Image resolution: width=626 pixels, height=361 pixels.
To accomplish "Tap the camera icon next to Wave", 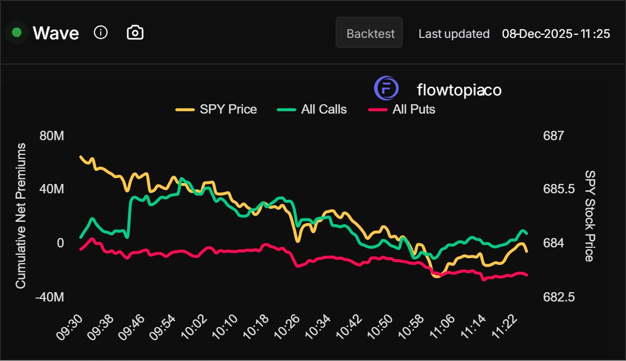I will (x=135, y=33).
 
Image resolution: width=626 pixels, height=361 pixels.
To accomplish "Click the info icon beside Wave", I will (x=101, y=33).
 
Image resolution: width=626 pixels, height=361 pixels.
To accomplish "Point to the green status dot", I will (x=17, y=33).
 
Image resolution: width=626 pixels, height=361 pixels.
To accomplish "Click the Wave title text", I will (x=56, y=33).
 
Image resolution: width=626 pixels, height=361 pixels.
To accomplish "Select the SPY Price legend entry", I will (x=216, y=110).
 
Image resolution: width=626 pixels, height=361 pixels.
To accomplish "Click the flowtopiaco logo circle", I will (x=386, y=89).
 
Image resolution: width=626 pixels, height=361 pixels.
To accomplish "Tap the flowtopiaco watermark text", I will (x=459, y=90).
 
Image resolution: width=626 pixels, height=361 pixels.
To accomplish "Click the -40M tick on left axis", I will (x=50, y=297).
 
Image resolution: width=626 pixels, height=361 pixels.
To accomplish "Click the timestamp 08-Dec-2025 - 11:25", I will (x=556, y=34).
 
